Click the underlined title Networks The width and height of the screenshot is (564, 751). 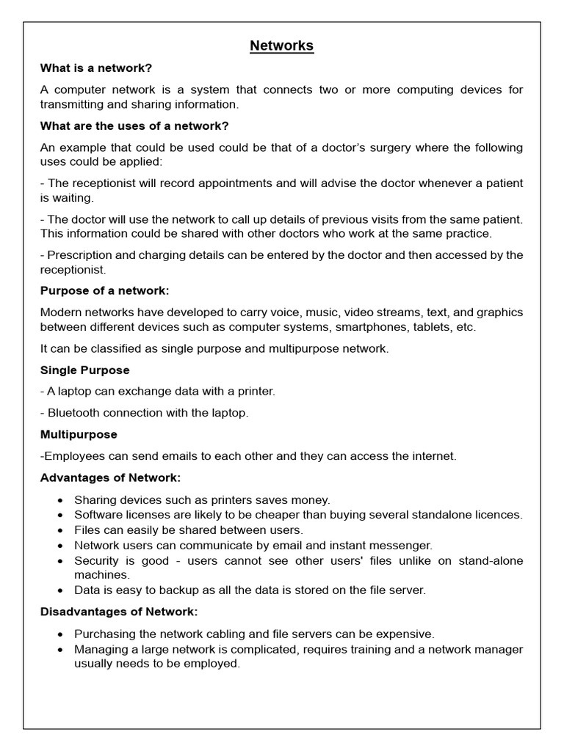pos(281,45)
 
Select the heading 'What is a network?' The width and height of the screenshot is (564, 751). pos(96,68)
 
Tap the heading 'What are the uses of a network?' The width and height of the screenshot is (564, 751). pos(134,126)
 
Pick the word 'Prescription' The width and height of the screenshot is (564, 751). pos(79,255)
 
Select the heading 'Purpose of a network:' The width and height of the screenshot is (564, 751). pos(104,290)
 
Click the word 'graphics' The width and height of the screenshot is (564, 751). pos(499,312)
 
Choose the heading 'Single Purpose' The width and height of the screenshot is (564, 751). pos(84,370)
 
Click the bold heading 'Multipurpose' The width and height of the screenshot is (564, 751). pos(79,434)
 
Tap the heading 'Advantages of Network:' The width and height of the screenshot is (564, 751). pos(110,477)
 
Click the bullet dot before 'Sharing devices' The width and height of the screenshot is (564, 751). pos(59,499)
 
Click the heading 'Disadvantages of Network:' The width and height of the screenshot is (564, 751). pos(119,611)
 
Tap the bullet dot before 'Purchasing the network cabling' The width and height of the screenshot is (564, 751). pos(59,634)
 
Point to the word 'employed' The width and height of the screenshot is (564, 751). pos(213,664)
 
